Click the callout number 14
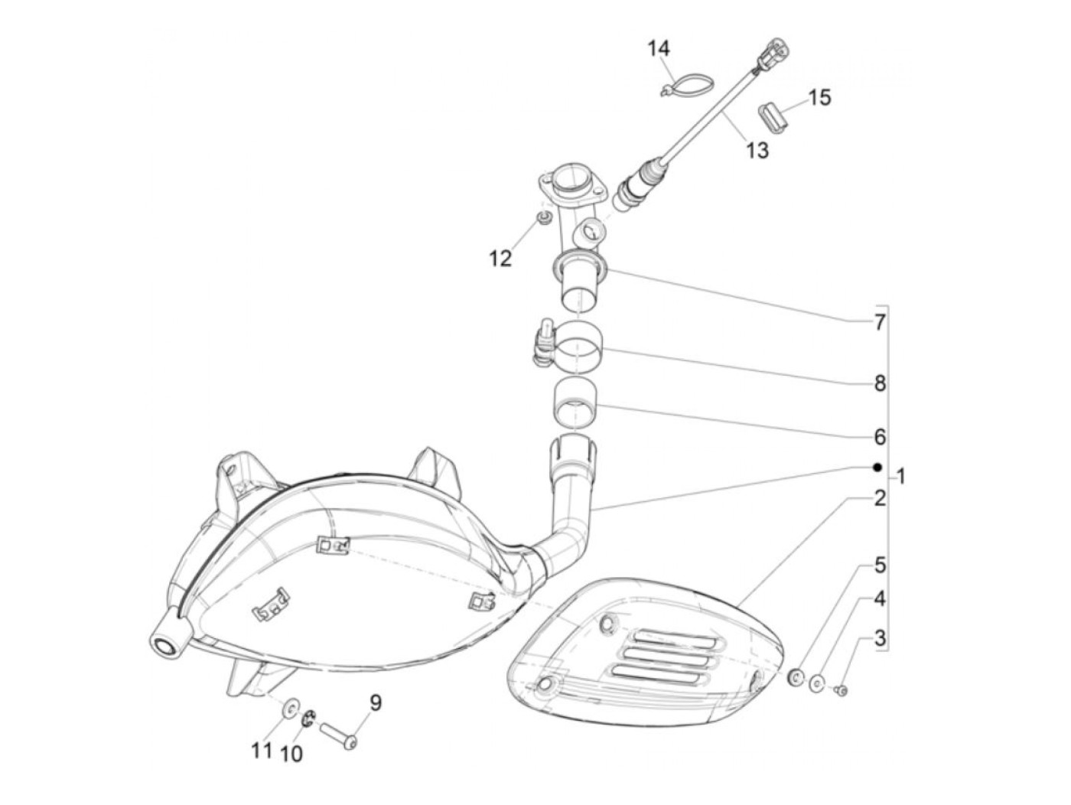(659, 49)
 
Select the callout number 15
(819, 98)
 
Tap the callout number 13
(757, 150)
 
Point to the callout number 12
(500, 259)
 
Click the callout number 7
(880, 322)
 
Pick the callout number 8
(880, 383)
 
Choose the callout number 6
(880, 437)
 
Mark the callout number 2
(880, 498)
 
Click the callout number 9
(375, 702)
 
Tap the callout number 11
(262, 751)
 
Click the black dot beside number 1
(877, 467)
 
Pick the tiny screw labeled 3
(841, 690)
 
